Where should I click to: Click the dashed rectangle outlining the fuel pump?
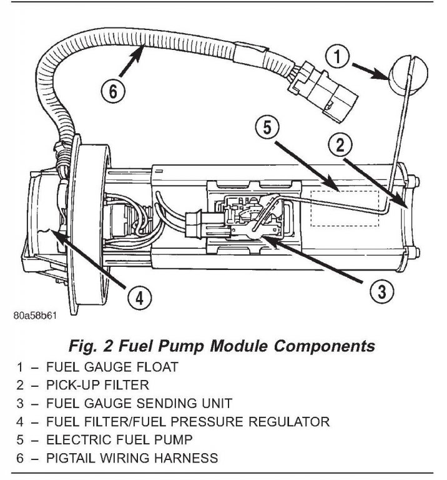tap(346, 207)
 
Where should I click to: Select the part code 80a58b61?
tap(35, 316)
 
